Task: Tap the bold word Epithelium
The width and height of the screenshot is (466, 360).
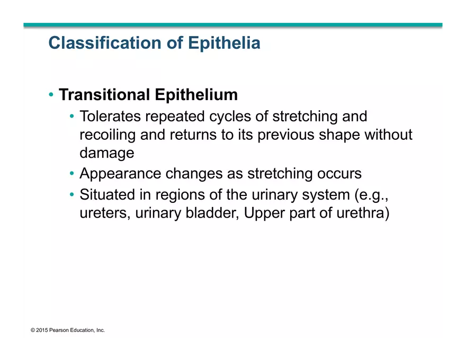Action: [196, 95]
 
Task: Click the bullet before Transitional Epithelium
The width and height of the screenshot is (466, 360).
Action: [51, 95]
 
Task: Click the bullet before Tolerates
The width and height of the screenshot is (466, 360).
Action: [72, 116]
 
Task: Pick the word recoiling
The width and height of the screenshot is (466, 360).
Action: [107, 134]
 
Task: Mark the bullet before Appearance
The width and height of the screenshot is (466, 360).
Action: [72, 174]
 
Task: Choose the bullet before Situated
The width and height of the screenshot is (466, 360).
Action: [72, 195]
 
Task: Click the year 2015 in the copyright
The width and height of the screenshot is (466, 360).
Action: [42, 330]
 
